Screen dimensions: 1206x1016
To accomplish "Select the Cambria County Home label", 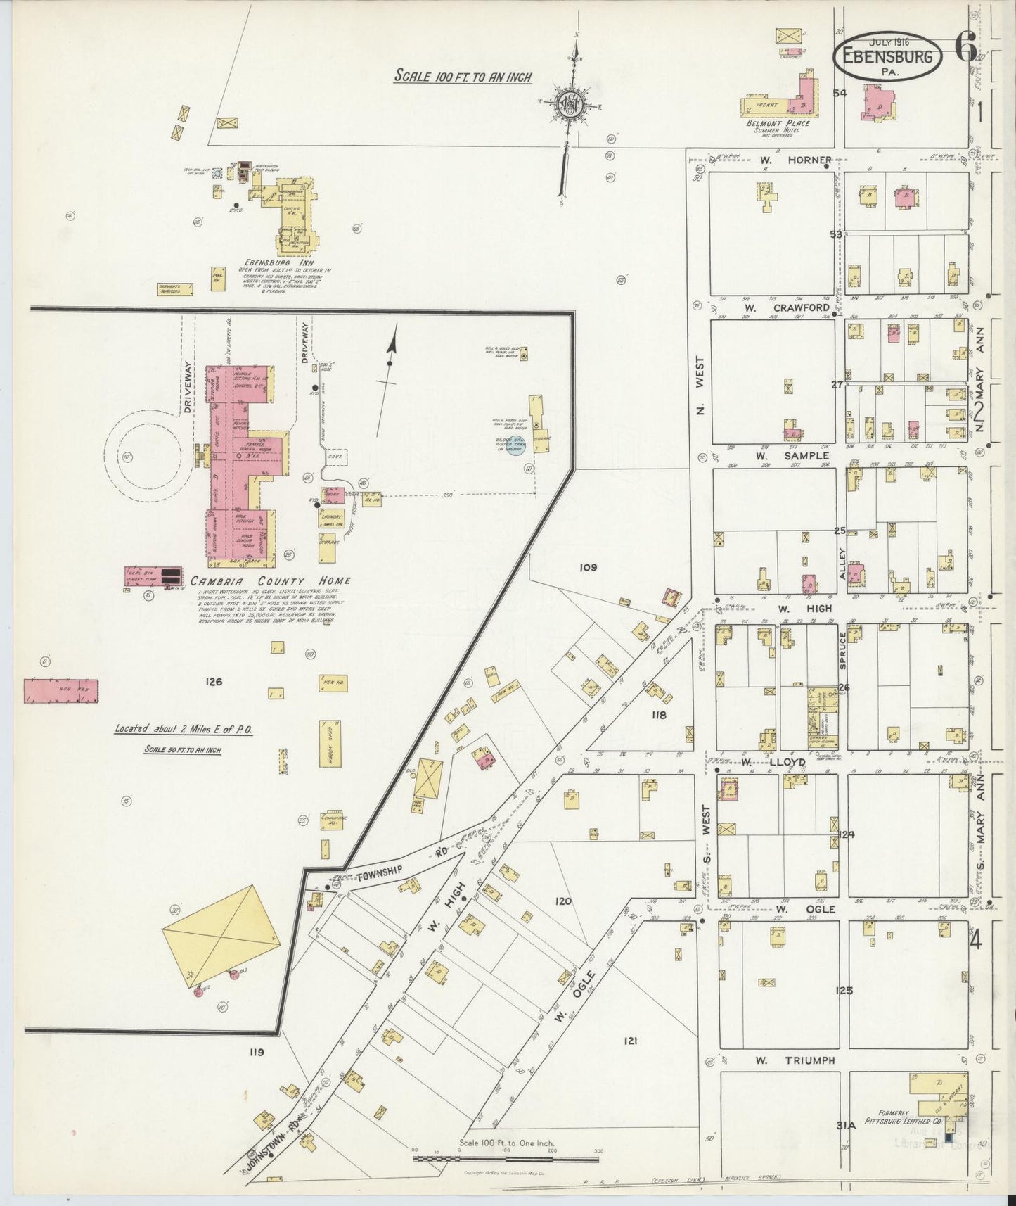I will tap(270, 581).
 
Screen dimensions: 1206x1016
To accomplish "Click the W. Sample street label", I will tap(783, 455).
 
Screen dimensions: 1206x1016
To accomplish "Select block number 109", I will tap(588, 567).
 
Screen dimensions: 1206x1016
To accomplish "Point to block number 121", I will tap(630, 1040).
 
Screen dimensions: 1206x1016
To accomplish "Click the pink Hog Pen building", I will tap(61, 691).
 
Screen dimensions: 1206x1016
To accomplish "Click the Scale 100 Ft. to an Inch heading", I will tap(463, 76).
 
